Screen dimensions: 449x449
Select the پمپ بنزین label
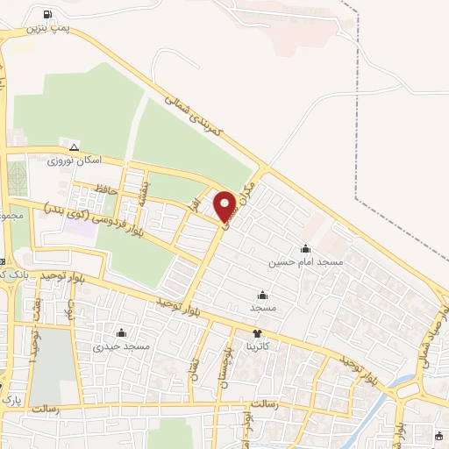click(x=47, y=28)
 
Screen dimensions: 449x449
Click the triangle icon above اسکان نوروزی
click(x=74, y=147)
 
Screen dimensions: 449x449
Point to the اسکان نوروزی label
click(x=76, y=161)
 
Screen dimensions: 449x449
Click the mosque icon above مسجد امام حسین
click(x=305, y=248)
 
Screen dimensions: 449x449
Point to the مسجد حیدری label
click(x=123, y=346)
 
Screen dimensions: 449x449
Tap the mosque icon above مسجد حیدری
click(x=121, y=333)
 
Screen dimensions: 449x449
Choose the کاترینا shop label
click(x=258, y=346)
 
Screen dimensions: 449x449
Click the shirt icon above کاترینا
click(x=257, y=333)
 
